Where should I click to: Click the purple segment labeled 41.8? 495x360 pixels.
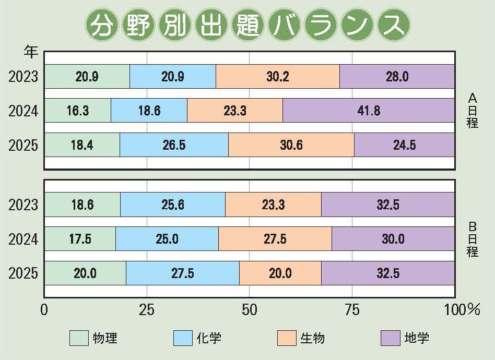coord(369,111)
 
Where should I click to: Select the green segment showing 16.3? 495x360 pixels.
coord(77,111)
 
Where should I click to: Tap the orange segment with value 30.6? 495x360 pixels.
coord(291,145)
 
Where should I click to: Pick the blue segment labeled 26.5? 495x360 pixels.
coord(174,145)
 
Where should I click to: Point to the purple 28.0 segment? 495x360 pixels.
coord(397,77)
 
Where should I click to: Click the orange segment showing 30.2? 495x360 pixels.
coord(277,77)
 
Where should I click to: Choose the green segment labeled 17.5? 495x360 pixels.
coord(80,239)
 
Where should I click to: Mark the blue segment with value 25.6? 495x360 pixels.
coord(173,205)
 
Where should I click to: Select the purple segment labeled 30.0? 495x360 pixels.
coord(393,239)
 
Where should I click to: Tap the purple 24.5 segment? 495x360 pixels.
coord(404,145)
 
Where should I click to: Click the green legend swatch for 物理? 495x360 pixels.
coord(79,338)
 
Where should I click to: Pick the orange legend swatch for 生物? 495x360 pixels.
coord(287,338)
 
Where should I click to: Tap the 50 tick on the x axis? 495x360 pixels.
coord(250,310)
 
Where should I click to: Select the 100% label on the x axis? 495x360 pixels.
coord(462,310)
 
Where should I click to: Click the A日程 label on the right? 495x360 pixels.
coord(473,111)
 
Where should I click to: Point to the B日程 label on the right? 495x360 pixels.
coord(473,239)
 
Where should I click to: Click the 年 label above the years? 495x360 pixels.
coord(30,52)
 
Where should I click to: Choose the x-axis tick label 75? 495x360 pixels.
coord(352,310)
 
